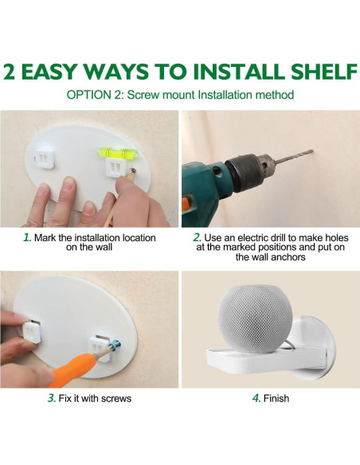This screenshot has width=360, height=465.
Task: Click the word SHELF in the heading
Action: (x=324, y=72)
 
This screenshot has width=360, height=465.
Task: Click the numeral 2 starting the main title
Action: (x=10, y=72)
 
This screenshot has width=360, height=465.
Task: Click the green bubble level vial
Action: (x=119, y=152)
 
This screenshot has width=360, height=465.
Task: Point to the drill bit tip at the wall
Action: (x=311, y=151)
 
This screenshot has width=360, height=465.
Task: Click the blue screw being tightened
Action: (x=115, y=346)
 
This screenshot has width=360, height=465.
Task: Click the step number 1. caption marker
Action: (x=27, y=237)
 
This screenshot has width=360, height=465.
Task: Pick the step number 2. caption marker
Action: (x=198, y=237)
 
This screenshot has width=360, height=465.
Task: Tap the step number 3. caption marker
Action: (x=52, y=398)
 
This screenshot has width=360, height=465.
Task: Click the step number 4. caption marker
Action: (x=256, y=398)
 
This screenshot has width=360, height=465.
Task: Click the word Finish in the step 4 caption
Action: (x=276, y=398)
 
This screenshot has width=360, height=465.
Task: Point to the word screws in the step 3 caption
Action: (x=116, y=398)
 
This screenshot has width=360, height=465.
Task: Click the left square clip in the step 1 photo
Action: (x=44, y=158)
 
